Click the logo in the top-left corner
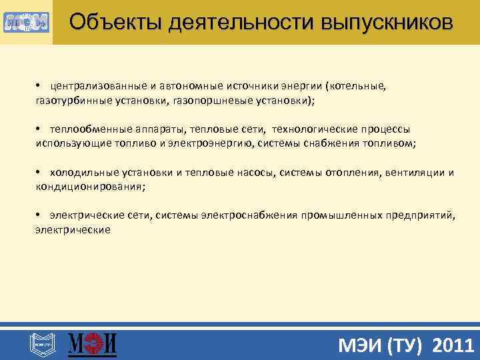(26, 22)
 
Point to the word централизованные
(97, 87)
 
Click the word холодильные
(78, 173)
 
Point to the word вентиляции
(415, 173)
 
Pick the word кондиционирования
(88, 186)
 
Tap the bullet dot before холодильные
(39, 173)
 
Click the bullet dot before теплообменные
(39, 129)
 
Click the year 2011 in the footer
(454, 345)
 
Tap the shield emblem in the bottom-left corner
(40, 345)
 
